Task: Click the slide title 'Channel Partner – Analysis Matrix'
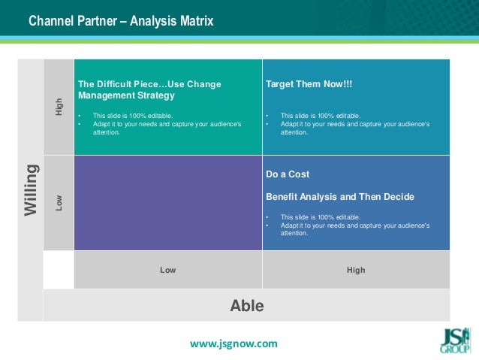(x=121, y=22)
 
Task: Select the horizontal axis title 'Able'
(x=246, y=306)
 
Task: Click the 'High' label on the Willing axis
(x=59, y=107)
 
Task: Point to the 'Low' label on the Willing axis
(x=59, y=202)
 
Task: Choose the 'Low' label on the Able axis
(x=168, y=270)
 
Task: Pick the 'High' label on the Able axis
(x=356, y=270)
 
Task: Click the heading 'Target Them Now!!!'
(x=309, y=84)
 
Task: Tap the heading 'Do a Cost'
(x=288, y=174)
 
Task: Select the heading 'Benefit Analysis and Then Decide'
(x=340, y=197)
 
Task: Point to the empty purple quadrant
(x=168, y=203)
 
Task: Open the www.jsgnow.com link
(x=233, y=343)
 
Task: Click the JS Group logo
(x=455, y=340)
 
